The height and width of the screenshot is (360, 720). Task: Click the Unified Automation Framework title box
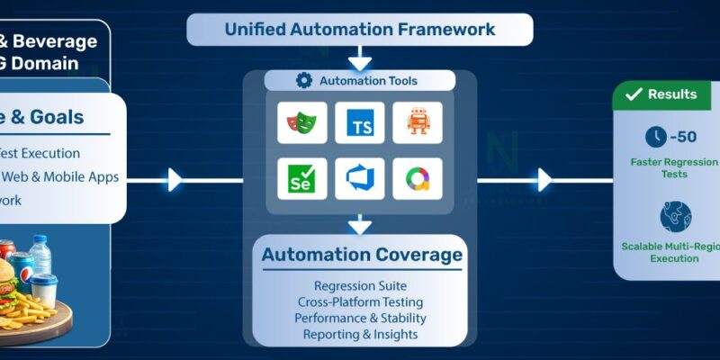tap(359, 30)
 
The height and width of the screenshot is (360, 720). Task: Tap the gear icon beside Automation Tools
tap(304, 81)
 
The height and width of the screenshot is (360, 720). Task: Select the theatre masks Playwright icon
tap(301, 122)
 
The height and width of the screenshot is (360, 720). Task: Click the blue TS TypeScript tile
tap(359, 122)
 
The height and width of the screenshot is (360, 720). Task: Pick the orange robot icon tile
tap(417, 122)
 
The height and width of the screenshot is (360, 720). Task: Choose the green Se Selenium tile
tap(301, 179)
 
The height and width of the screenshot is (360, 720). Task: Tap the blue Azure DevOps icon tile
tap(359, 179)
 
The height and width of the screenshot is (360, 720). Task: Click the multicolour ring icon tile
tap(417, 179)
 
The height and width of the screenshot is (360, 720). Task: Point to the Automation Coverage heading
tap(362, 256)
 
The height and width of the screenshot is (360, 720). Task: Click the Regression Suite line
tap(360, 286)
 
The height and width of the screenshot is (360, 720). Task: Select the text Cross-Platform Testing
tap(360, 302)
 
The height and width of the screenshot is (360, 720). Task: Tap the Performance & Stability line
tap(360, 319)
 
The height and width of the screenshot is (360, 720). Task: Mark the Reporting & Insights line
tap(360, 335)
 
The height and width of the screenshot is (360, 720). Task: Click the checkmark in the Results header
tap(634, 94)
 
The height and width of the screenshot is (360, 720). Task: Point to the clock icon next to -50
tap(656, 137)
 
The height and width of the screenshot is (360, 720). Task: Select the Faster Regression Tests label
tap(667, 168)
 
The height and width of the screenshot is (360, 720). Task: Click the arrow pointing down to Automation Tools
tap(359, 61)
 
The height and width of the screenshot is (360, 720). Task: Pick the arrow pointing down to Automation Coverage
tap(359, 223)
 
